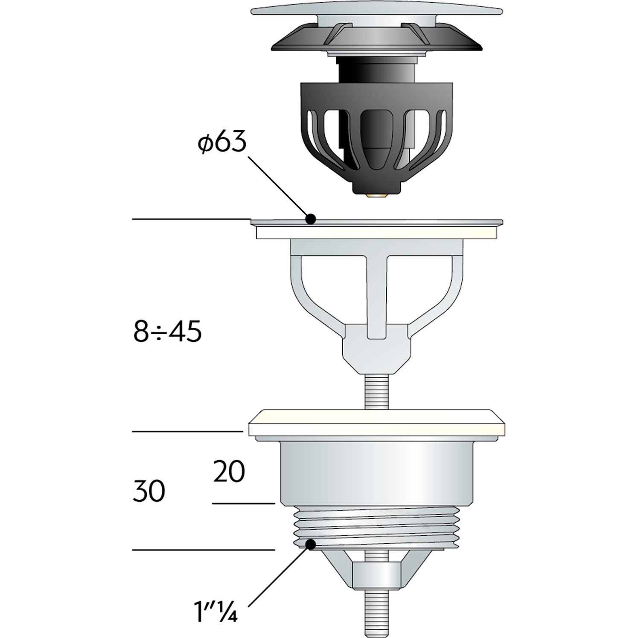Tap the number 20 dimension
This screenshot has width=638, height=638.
pyautogui.click(x=229, y=472)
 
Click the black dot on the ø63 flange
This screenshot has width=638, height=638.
pyautogui.click(x=311, y=219)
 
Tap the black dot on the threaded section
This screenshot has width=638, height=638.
pyautogui.click(x=311, y=544)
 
